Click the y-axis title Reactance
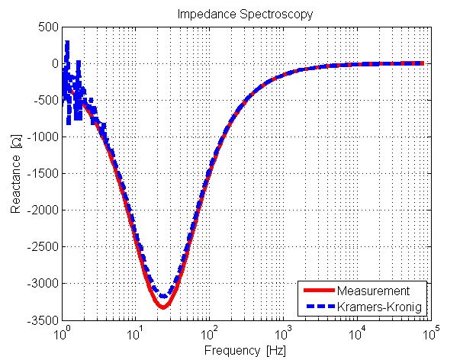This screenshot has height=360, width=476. click(16, 174)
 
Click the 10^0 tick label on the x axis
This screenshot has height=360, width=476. click(62, 333)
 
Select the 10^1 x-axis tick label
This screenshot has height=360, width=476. click(135, 333)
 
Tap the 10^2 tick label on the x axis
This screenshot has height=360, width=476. click(208, 333)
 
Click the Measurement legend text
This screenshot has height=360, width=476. click(374, 291)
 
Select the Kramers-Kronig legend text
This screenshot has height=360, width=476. click(379, 307)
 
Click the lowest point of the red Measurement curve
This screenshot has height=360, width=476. click(162, 307)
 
